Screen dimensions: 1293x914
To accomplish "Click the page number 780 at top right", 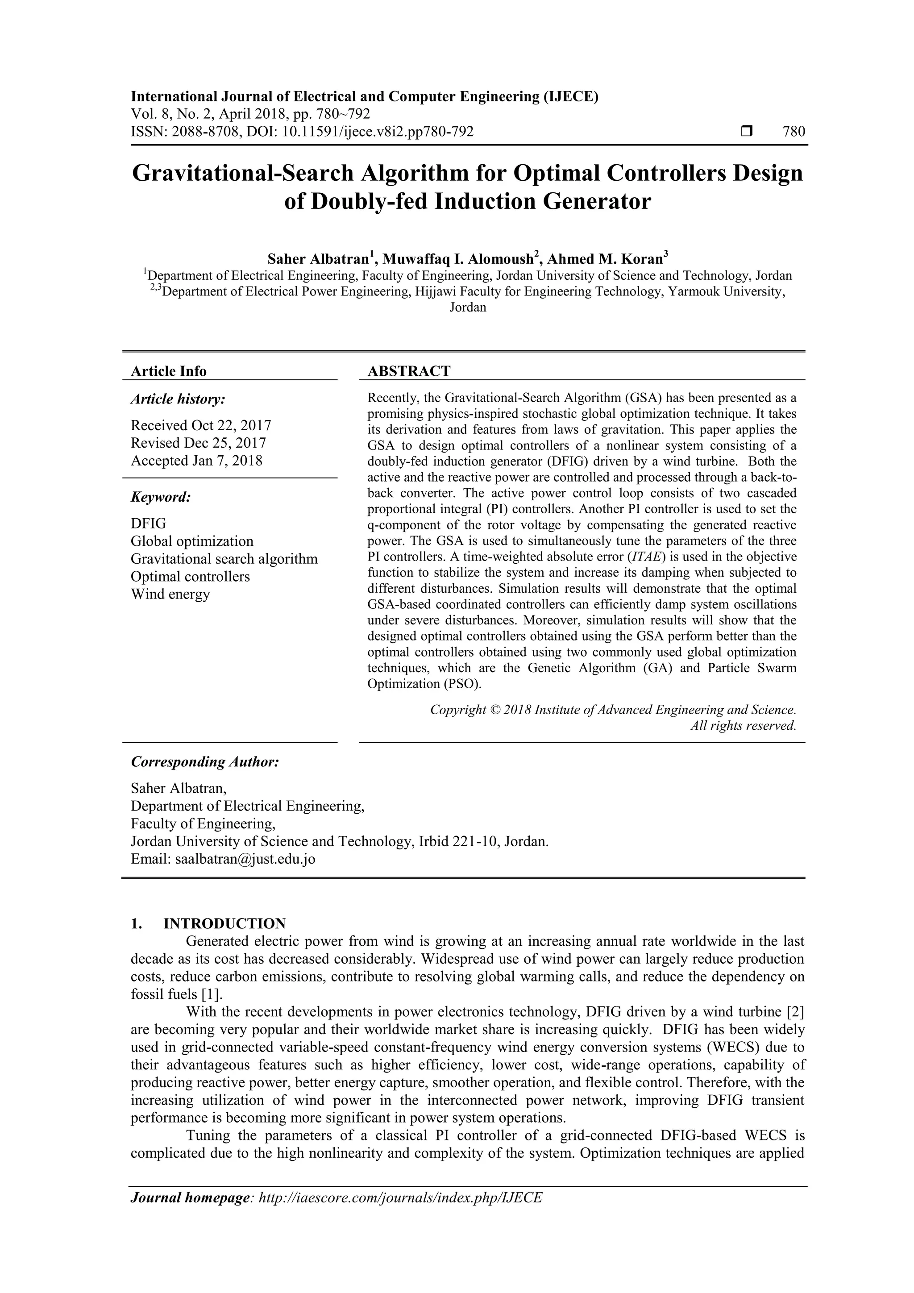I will (794, 132).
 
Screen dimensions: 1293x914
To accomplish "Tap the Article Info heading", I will (168, 371).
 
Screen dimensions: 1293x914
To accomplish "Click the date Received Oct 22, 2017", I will (201, 425).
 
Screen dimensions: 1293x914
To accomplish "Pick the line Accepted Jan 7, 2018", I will (196, 461).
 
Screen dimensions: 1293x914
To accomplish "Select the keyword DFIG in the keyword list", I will (149, 523).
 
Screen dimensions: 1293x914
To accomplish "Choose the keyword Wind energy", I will (170, 594).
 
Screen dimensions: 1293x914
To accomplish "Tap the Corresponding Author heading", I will (205, 762).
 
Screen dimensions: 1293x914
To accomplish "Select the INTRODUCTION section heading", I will (224, 923).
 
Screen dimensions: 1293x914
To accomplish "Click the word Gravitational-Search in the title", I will (243, 173).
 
